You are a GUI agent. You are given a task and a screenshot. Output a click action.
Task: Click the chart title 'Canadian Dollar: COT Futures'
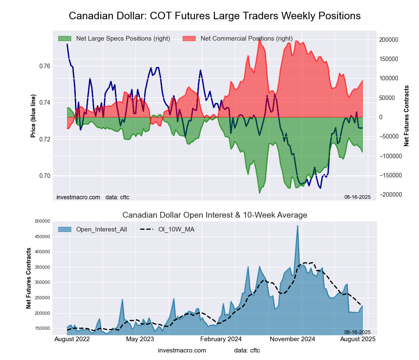click(x=215, y=16)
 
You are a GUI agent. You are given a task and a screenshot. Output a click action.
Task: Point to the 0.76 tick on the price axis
click(x=45, y=66)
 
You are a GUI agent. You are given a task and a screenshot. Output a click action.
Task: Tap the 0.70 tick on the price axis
click(x=45, y=176)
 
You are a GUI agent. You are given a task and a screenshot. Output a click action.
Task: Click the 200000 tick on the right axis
click(x=389, y=40)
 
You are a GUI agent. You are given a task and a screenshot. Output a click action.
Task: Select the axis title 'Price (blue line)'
click(x=33, y=116)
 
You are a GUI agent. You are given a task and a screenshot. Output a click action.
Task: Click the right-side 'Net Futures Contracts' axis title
click(x=406, y=116)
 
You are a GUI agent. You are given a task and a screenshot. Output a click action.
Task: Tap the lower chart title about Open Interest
click(x=215, y=215)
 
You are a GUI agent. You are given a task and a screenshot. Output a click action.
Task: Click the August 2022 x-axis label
click(x=72, y=339)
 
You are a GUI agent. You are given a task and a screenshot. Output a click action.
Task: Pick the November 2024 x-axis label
click(x=292, y=339)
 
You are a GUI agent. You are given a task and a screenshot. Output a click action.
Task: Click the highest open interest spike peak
click(x=297, y=226)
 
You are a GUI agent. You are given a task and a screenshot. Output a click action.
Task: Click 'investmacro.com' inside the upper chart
click(x=78, y=197)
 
